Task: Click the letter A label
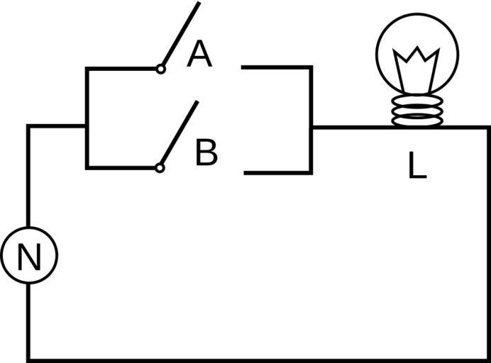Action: point(199,55)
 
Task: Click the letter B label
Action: point(206,153)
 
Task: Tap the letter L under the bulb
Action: point(417,166)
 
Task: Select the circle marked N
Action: point(28,256)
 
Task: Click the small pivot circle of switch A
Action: point(161,69)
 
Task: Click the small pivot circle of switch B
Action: point(160,168)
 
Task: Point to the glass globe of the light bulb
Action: point(417,53)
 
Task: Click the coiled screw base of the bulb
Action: point(417,111)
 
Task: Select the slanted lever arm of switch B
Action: point(180,135)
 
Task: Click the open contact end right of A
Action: point(243,67)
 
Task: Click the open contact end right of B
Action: point(245,172)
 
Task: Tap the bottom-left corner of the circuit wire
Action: point(29,359)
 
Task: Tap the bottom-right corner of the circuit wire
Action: point(488,359)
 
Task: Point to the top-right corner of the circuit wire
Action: point(488,128)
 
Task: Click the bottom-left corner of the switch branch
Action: point(87,168)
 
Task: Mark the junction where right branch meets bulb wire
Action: point(311,128)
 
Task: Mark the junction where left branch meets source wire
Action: point(87,126)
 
